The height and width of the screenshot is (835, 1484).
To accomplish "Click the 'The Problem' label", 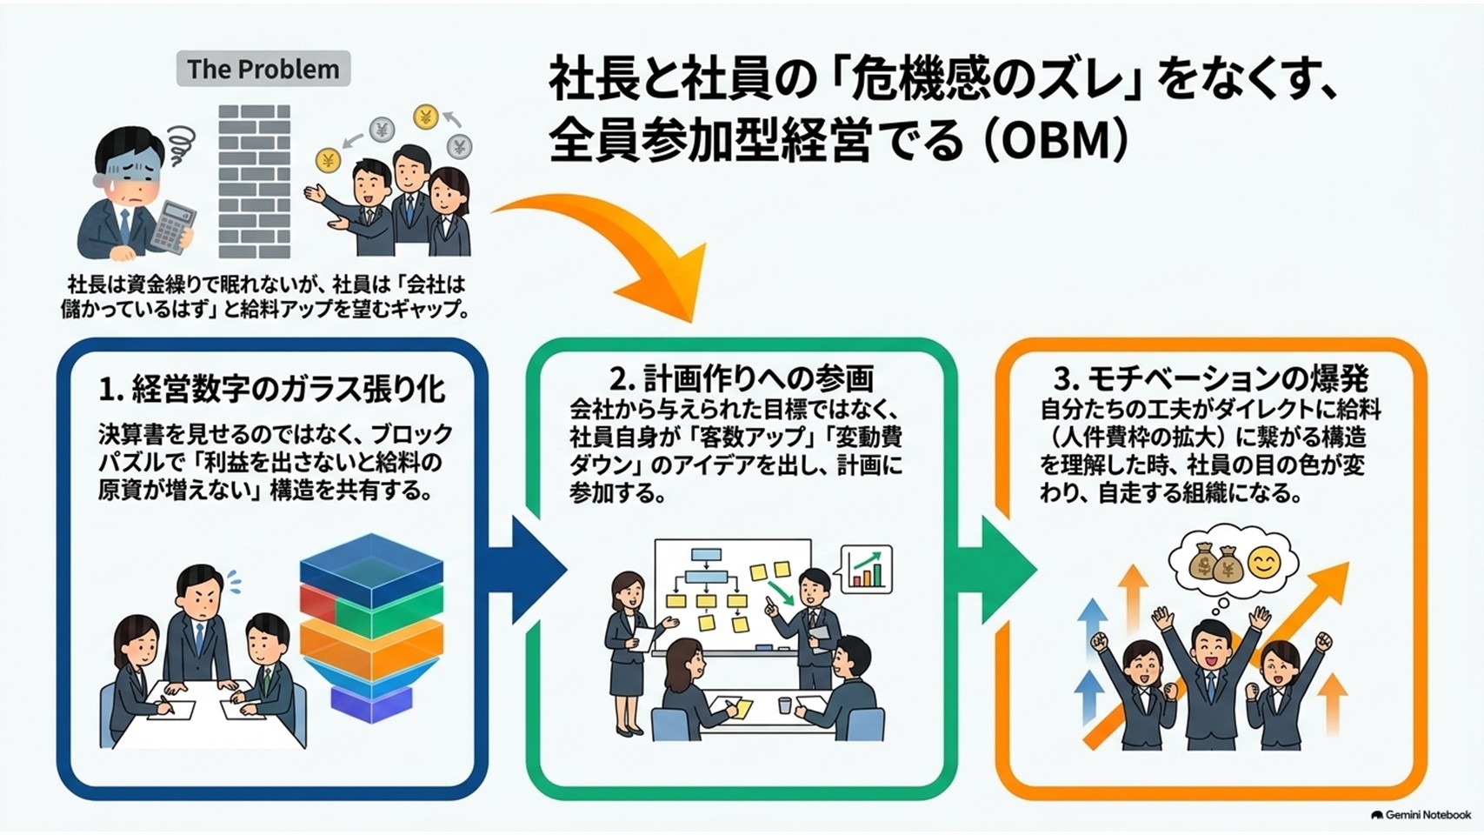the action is (x=263, y=69).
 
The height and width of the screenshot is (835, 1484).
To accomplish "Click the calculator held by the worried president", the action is (x=174, y=227).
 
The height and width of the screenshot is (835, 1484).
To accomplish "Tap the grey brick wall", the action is (x=255, y=181).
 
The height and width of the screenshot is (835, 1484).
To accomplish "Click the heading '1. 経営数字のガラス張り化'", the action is (x=271, y=389).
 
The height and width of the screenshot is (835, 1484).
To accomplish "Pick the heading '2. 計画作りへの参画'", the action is (x=742, y=378).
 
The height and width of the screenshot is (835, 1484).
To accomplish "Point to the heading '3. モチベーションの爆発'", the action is (x=1211, y=379).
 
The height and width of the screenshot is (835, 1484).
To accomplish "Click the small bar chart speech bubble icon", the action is (x=866, y=569).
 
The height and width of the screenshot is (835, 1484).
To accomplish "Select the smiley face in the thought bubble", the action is (x=1263, y=564).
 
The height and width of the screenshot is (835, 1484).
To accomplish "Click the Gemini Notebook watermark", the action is (x=1421, y=815).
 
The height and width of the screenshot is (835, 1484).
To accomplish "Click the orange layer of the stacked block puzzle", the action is (x=371, y=650).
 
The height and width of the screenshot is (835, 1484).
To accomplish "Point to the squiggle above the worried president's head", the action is (x=179, y=144).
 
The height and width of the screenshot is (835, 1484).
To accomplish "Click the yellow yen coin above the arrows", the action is (x=425, y=117).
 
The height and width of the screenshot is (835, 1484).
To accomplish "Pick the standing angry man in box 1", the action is (x=198, y=630).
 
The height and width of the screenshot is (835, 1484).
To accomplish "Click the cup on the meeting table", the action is (x=784, y=705).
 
